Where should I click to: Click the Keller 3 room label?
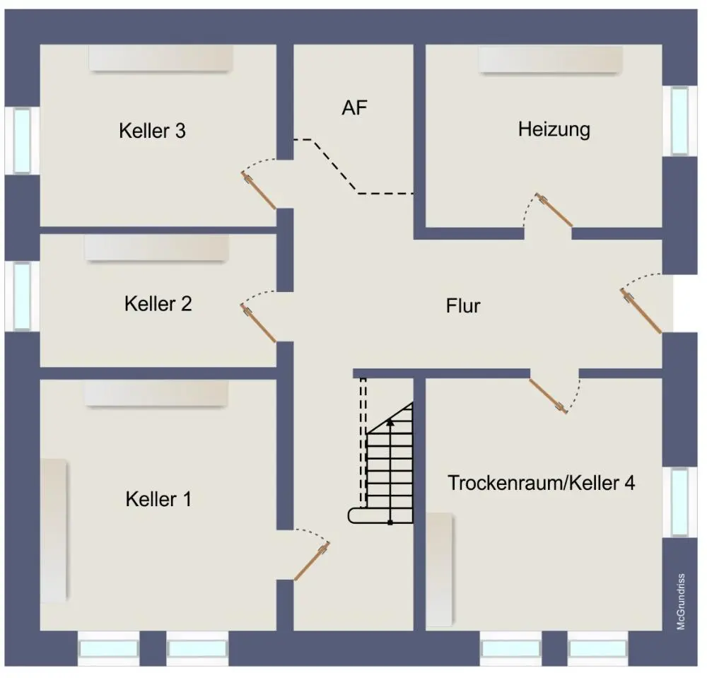pyautogui.click(x=153, y=131)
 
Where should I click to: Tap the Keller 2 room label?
pyautogui.click(x=158, y=304)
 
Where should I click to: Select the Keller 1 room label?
pyautogui.click(x=158, y=499)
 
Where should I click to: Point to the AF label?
pyautogui.click(x=355, y=108)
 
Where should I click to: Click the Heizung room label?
pyautogui.click(x=554, y=129)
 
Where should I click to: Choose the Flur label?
pyautogui.click(x=463, y=306)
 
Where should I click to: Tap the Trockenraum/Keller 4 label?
pyautogui.click(x=542, y=483)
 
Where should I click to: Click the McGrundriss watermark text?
pyautogui.click(x=681, y=601)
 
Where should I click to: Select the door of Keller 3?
pyautogui.click(x=259, y=190)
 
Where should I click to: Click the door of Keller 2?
pyautogui.click(x=259, y=325)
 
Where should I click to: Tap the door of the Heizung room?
pyautogui.click(x=555, y=210)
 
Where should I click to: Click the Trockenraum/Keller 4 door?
pyautogui.click(x=547, y=395)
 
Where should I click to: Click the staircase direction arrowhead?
pyautogui.click(x=389, y=422)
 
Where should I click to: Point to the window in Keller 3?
pyautogui.click(x=22, y=140)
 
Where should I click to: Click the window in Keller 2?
pyautogui.click(x=22, y=296)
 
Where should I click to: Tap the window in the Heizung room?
pyautogui.click(x=679, y=120)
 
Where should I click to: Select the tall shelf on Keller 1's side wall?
pyautogui.click(x=54, y=530)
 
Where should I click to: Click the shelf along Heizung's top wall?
pyautogui.click(x=551, y=60)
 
